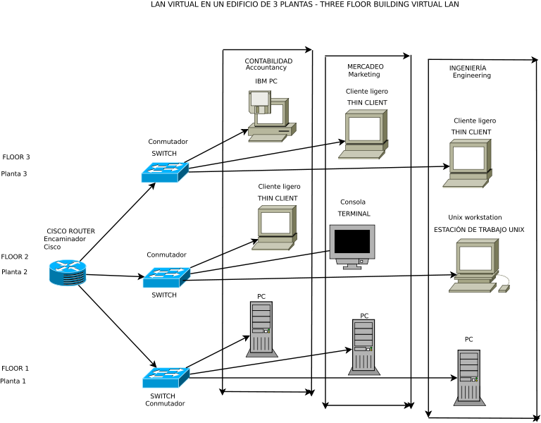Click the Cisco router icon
pyautogui.click(x=68, y=273)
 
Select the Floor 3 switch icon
pyautogui.click(x=165, y=172)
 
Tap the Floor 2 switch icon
pyautogui.click(x=166, y=277)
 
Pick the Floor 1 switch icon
pyautogui.click(x=166, y=377)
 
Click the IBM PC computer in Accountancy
pyautogui.click(x=271, y=116)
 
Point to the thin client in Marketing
pyautogui.click(x=363, y=134)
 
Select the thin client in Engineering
pyautogui.click(x=468, y=164)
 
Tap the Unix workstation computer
pyautogui.click(x=475, y=265)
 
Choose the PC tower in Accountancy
pyautogui.click(x=261, y=329)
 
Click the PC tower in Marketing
pyautogui.click(x=364, y=346)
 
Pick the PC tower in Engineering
pyautogui.click(x=469, y=377)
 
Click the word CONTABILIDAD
pyautogui.click(x=268, y=61)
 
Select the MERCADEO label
pyautogui.click(x=365, y=67)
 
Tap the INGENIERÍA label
pyautogui.click(x=468, y=68)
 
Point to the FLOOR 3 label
pyautogui.click(x=16, y=157)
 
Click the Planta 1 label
pyautogui.click(x=13, y=381)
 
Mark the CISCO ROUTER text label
pyautogui.click(x=70, y=231)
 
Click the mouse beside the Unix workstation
pyautogui.click(x=504, y=288)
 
